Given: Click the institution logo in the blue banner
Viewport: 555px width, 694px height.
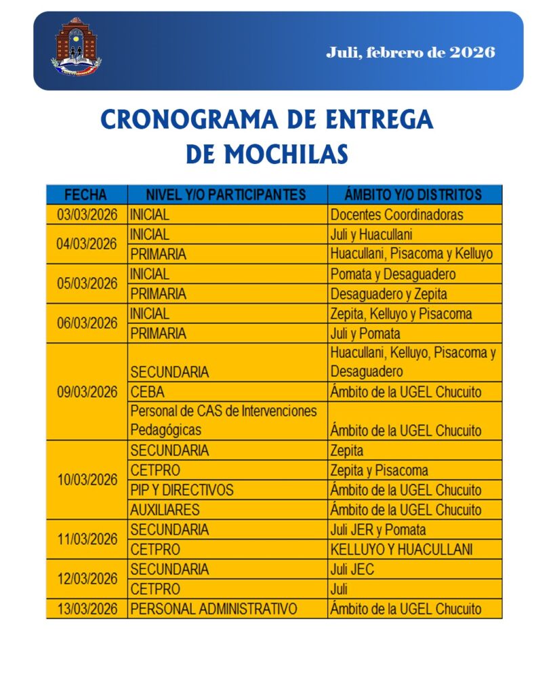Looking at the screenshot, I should click(x=77, y=47).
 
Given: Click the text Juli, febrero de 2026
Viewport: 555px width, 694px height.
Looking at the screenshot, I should click(x=410, y=52).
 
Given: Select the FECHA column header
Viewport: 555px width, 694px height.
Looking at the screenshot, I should click(x=86, y=195).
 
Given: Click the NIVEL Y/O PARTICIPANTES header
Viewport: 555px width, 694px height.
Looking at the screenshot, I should click(x=226, y=195).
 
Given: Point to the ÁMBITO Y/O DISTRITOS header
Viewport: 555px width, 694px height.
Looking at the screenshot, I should click(x=413, y=195).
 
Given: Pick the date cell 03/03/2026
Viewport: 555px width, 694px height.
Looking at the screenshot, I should click(x=87, y=215).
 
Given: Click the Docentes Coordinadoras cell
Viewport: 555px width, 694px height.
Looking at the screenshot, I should click(x=397, y=215).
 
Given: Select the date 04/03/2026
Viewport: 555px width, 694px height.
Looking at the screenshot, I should click(x=87, y=244).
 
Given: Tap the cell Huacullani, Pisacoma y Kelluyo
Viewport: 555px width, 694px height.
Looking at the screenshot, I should click(x=411, y=255).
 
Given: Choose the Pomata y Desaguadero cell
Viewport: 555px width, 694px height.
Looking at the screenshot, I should click(x=393, y=274).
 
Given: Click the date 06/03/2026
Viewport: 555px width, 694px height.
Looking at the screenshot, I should click(x=87, y=323).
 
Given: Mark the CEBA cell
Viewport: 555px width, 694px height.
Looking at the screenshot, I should click(x=147, y=392).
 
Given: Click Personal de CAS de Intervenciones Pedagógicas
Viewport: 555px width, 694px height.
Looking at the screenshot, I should click(x=224, y=420).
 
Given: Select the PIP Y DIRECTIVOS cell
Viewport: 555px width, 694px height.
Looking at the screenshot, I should click(x=182, y=490).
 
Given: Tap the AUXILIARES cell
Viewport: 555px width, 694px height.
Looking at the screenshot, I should click(x=165, y=510).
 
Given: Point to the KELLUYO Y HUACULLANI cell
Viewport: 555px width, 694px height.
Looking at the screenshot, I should click(x=401, y=549).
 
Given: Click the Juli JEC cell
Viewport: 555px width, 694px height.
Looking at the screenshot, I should click(x=352, y=569).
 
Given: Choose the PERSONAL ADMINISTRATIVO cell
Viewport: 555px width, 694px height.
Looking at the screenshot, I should click(x=213, y=609).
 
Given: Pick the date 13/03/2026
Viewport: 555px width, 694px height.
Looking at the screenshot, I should click(x=87, y=609).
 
